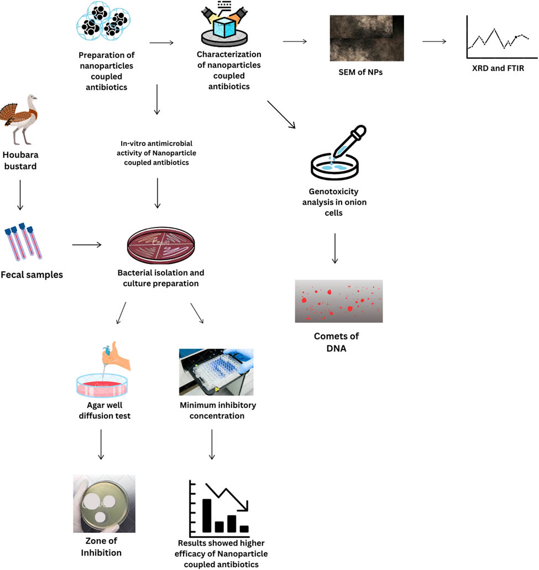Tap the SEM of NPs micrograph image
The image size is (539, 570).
coord(367,38)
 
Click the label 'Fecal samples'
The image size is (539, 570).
coord(32,274)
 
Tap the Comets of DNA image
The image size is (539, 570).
coord(338,301)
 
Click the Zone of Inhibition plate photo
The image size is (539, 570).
coord(104,503)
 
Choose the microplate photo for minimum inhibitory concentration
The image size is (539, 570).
coord(216,372)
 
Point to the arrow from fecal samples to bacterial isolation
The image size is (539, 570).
coord(87,245)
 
